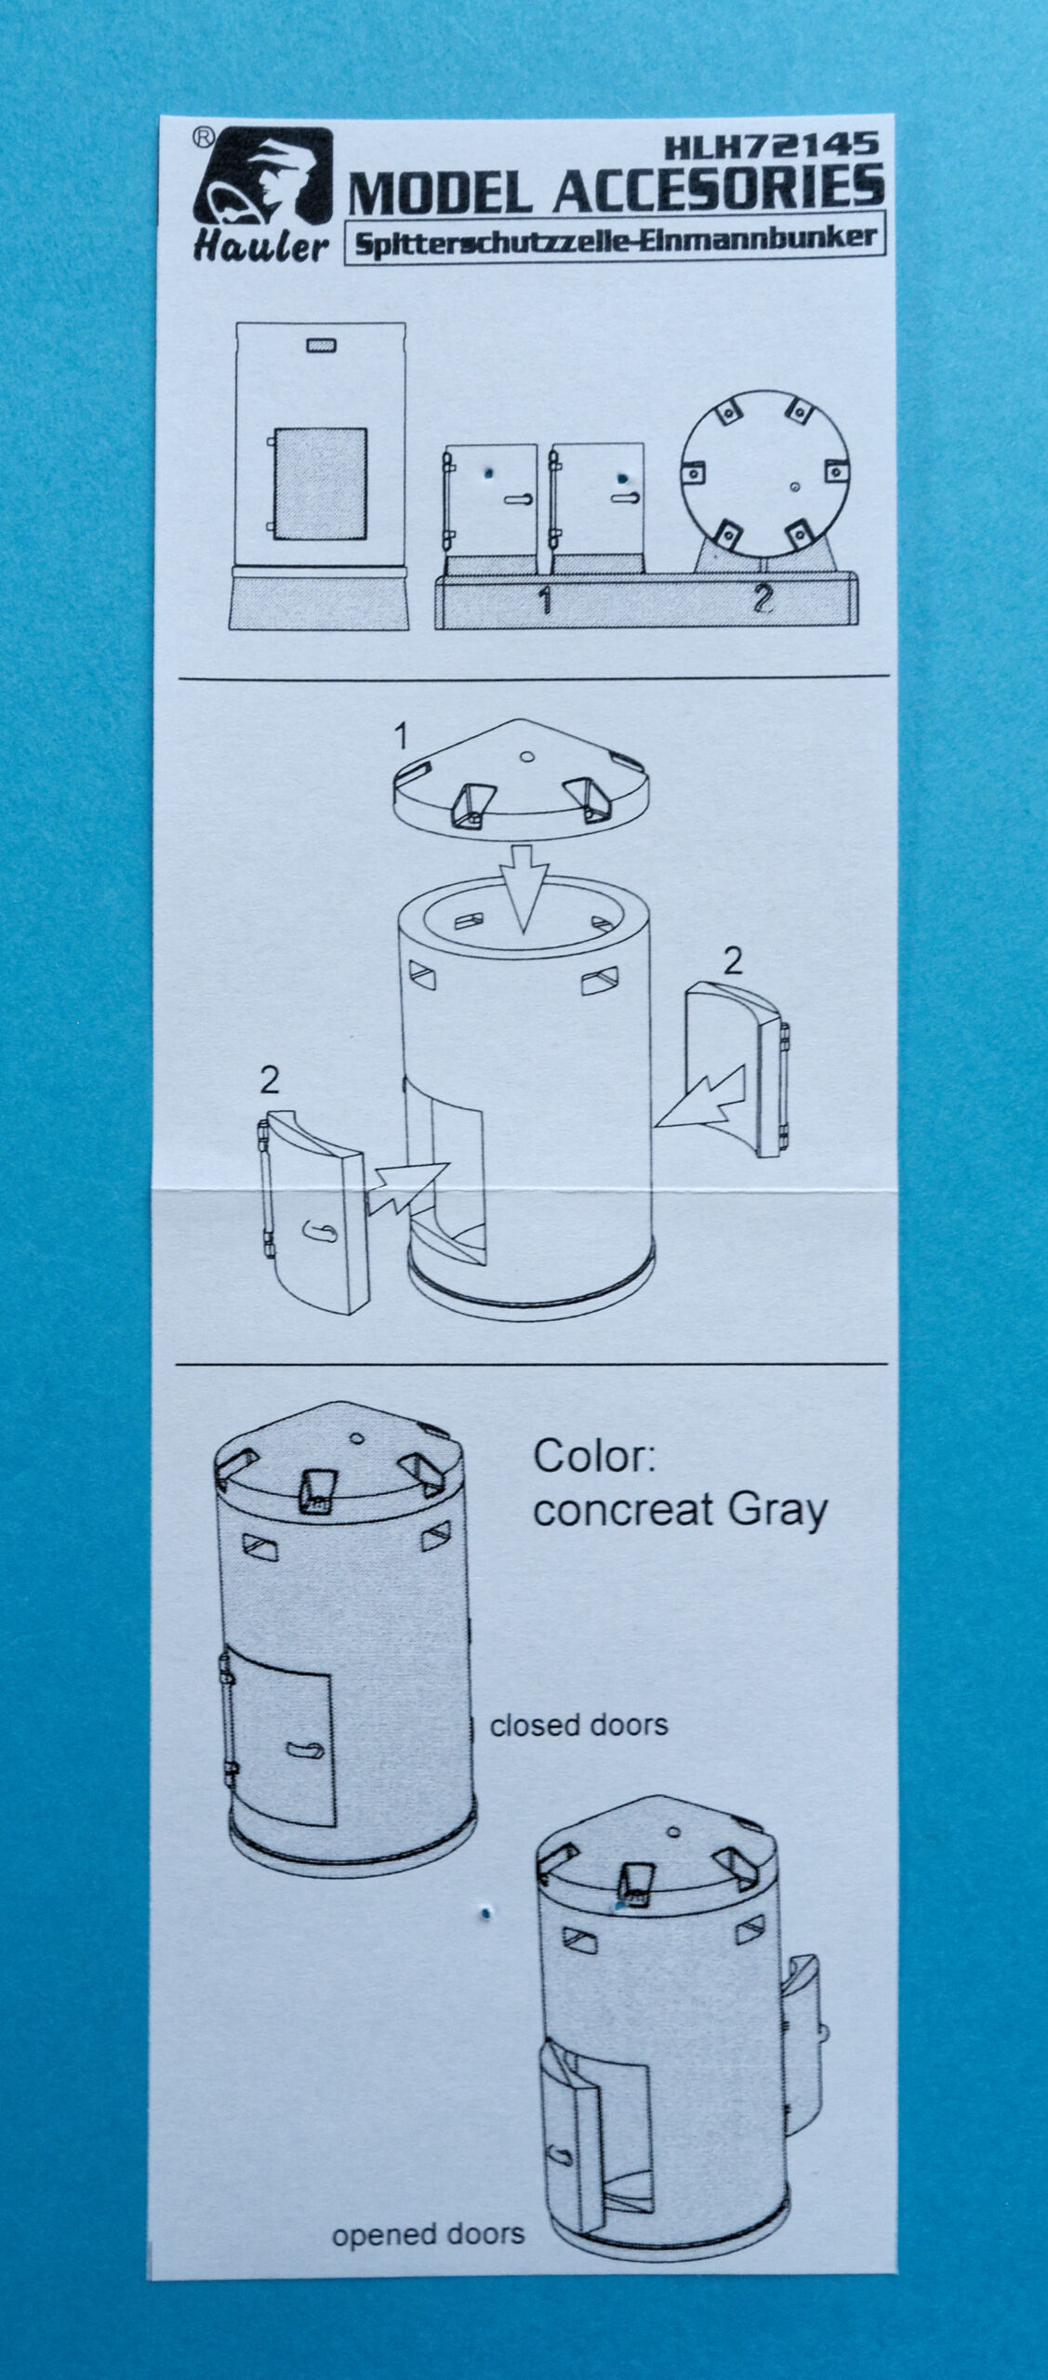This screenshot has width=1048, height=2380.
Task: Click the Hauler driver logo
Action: click(x=262, y=195)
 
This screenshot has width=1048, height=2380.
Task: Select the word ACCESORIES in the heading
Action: click(x=719, y=187)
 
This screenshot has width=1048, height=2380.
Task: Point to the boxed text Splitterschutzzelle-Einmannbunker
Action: click(x=614, y=237)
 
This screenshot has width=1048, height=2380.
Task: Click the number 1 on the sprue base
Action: click(x=546, y=602)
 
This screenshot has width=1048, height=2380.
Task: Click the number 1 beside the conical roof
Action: click(x=400, y=739)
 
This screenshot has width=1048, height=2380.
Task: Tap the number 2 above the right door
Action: click(x=733, y=961)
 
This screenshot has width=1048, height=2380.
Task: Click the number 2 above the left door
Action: click(x=270, y=1080)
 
